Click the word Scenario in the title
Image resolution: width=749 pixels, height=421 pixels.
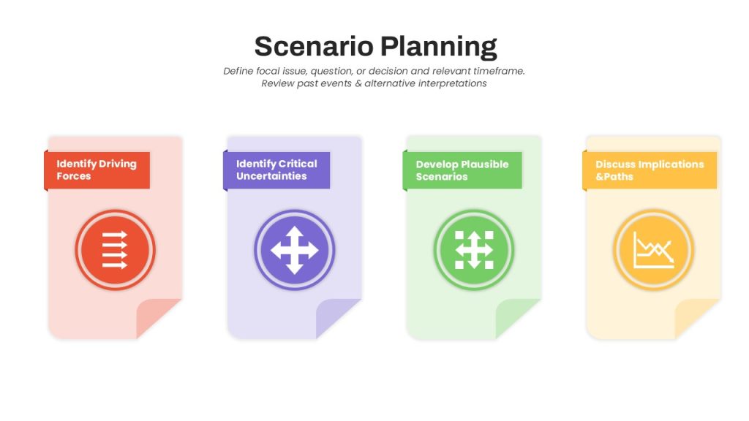(x=314, y=46)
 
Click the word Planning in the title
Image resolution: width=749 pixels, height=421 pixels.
(x=439, y=48)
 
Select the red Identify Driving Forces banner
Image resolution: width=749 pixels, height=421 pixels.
(x=97, y=170)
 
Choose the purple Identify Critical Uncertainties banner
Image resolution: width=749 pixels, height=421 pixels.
(x=276, y=170)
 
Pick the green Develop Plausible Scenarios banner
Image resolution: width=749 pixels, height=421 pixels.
(x=462, y=170)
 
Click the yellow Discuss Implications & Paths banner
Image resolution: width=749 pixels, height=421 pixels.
(x=650, y=170)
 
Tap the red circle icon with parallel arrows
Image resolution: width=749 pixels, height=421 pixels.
(x=115, y=250)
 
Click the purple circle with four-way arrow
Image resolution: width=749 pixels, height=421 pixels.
(x=295, y=250)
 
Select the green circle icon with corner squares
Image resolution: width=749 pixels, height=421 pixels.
(x=474, y=250)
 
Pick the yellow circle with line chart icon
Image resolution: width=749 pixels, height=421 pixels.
(x=653, y=250)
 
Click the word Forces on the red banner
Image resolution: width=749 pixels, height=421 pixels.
(x=74, y=176)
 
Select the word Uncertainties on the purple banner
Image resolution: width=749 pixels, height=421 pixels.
(x=271, y=176)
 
